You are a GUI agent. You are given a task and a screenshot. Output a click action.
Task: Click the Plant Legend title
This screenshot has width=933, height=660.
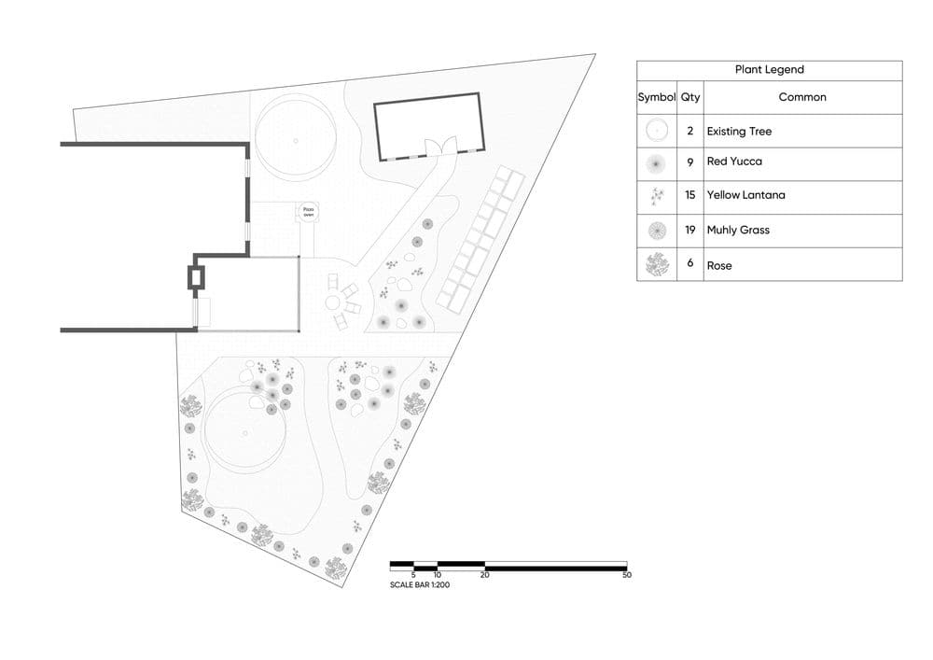(x=769, y=70)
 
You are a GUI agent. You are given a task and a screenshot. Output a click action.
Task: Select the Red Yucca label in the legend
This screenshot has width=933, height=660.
(x=734, y=161)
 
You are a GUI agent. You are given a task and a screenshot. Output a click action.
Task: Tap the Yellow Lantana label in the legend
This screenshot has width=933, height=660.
(x=745, y=195)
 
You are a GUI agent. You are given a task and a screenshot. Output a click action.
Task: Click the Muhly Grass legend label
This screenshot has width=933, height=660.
(x=738, y=230)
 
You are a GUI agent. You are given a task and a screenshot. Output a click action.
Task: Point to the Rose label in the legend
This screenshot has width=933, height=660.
(x=719, y=265)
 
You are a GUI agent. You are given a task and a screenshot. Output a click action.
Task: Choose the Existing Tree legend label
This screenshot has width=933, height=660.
(x=739, y=132)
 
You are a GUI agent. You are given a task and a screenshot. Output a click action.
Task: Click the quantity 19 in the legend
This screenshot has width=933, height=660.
(x=689, y=230)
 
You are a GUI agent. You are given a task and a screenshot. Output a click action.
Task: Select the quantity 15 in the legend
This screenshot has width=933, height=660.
(x=689, y=195)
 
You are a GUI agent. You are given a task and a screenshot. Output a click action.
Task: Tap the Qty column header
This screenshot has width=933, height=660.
(x=689, y=97)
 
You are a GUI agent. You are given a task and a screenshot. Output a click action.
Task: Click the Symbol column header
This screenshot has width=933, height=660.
(x=657, y=97)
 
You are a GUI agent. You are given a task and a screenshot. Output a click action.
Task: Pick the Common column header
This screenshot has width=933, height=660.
(x=802, y=97)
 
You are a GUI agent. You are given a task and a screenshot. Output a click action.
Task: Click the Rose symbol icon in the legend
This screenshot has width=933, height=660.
(x=657, y=265)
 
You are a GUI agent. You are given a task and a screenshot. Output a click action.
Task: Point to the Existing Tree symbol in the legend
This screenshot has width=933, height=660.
(x=657, y=131)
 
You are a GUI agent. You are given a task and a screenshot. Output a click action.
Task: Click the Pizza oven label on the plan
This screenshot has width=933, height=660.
(x=309, y=213)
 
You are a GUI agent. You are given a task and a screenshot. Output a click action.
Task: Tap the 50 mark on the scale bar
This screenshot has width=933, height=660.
(x=627, y=575)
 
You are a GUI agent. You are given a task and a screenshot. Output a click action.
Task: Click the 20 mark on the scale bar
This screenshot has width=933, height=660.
(x=484, y=575)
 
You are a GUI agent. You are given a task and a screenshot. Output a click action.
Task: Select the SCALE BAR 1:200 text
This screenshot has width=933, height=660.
(x=420, y=585)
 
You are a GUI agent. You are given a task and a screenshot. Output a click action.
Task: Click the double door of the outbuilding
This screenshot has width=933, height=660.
(x=439, y=147)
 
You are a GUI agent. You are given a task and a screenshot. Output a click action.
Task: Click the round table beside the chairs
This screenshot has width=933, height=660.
(x=333, y=302)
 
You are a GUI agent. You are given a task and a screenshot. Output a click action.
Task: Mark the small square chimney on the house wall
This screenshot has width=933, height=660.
(x=196, y=276)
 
